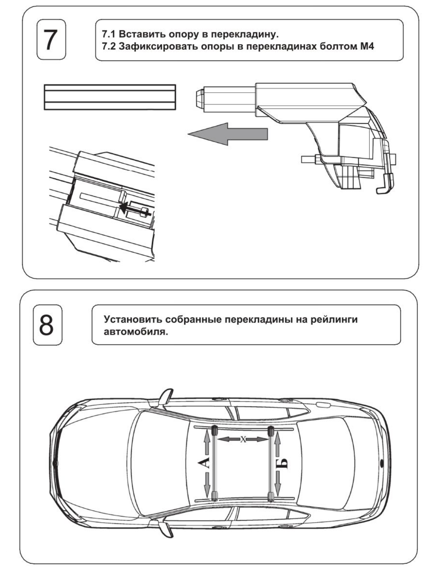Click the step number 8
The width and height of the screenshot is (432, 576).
click(x=47, y=325)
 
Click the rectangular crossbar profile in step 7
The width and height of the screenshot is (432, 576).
click(x=110, y=97)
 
